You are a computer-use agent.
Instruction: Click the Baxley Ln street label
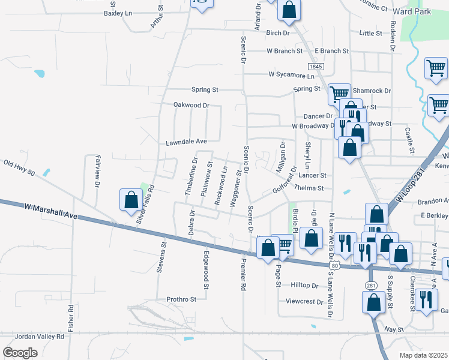tap(118, 13)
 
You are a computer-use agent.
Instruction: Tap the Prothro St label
tap(181, 299)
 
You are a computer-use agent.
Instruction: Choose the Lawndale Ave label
tap(186, 142)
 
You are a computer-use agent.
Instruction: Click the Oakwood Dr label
tap(191, 105)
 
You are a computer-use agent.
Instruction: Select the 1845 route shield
tap(316, 65)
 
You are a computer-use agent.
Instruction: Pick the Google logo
tap(20, 353)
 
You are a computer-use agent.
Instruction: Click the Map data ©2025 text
tap(424, 355)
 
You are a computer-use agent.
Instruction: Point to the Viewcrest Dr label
tap(304, 301)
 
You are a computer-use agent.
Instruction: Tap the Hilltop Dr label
tap(304, 285)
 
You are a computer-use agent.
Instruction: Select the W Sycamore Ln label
tap(291, 76)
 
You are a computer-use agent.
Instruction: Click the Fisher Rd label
tap(71, 317)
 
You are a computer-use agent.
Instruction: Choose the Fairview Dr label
tap(97, 172)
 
